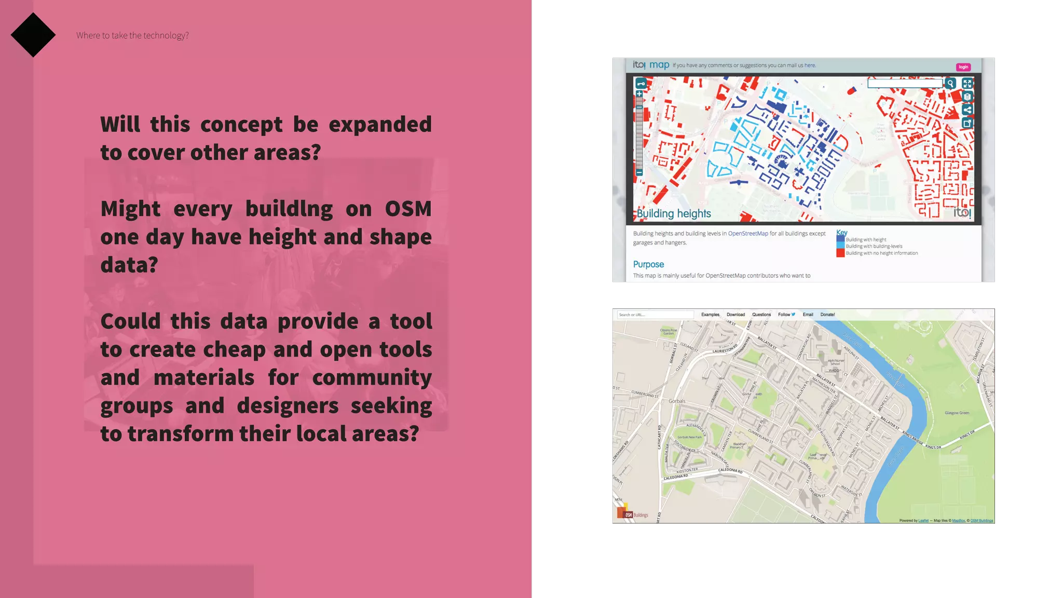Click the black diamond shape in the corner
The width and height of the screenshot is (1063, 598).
click(33, 35)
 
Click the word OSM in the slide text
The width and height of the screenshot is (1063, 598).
click(408, 209)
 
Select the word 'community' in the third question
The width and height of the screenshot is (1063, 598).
click(372, 377)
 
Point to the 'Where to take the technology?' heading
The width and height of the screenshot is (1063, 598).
click(132, 35)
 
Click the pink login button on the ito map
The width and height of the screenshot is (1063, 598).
click(963, 67)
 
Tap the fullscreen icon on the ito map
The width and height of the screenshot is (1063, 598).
click(967, 83)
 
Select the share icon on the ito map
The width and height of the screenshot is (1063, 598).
click(967, 110)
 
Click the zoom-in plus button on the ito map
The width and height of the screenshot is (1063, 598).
click(639, 94)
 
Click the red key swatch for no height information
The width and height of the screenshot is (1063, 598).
click(840, 253)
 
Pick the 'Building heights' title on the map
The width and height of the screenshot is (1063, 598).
click(674, 213)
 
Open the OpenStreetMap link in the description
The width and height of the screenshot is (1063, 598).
click(748, 234)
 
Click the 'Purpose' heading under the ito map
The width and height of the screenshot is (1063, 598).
click(648, 264)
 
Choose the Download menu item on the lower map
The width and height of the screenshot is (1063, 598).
click(735, 315)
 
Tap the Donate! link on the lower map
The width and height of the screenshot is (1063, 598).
click(827, 315)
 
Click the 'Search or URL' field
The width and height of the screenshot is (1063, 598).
click(655, 315)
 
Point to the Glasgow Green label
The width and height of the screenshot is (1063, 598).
click(957, 413)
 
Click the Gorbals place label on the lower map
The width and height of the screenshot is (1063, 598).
click(677, 401)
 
